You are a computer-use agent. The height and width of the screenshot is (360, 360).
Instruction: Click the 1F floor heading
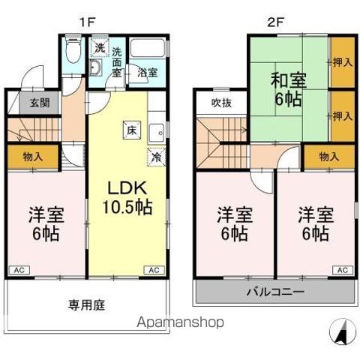[x=88, y=22]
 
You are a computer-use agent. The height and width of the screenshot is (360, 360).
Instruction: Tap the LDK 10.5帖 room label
[x=123, y=196]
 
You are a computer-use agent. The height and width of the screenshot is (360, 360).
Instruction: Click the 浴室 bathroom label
[x=147, y=73]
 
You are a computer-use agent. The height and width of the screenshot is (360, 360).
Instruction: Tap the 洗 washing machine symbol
[x=99, y=48]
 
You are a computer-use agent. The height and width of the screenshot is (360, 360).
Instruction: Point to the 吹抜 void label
[x=219, y=102]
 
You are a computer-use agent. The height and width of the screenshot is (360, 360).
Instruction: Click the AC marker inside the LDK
[x=153, y=269]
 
